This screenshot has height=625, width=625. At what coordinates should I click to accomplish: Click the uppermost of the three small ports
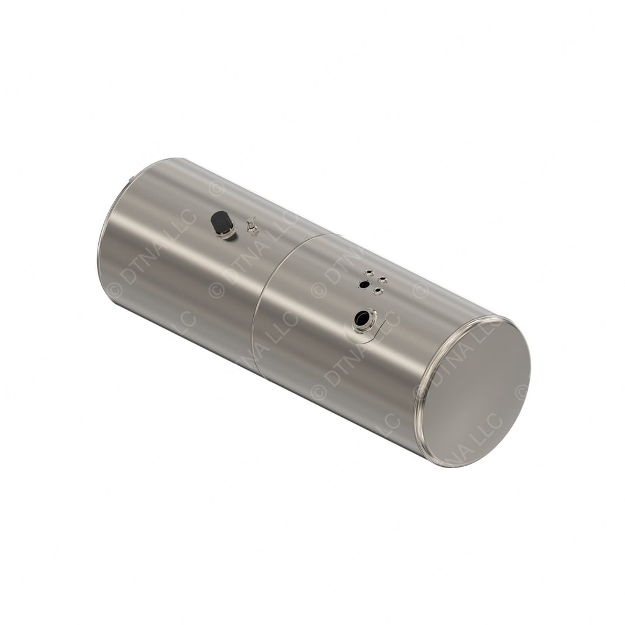[x=369, y=273]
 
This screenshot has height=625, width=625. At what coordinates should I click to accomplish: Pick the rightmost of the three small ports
[x=383, y=280]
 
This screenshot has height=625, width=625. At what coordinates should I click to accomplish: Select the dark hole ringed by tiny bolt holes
[x=364, y=284]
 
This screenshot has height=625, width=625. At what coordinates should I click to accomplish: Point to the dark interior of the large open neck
[x=363, y=318]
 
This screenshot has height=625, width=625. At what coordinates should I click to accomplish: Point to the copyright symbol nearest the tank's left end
[x=114, y=291]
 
